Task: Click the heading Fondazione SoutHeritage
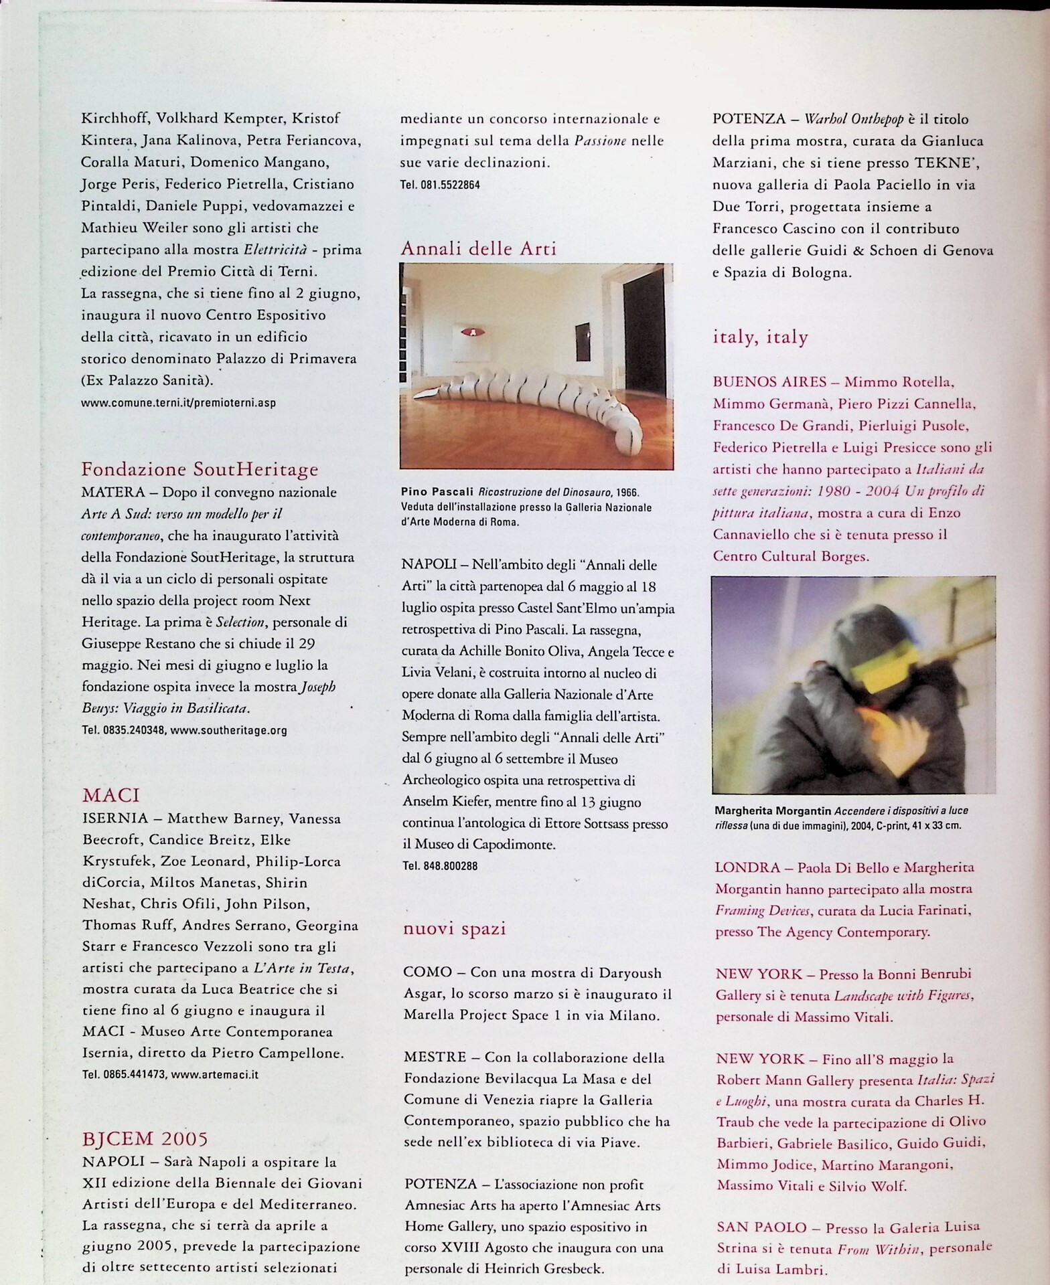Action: (x=200, y=470)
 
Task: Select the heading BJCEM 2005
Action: (x=145, y=1138)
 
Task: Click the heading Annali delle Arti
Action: (x=478, y=249)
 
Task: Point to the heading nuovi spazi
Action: (x=454, y=928)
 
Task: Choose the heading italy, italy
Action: (x=760, y=337)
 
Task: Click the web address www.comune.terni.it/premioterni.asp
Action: (x=178, y=403)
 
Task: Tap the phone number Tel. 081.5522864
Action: (x=440, y=185)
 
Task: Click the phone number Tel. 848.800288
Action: (x=440, y=866)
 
